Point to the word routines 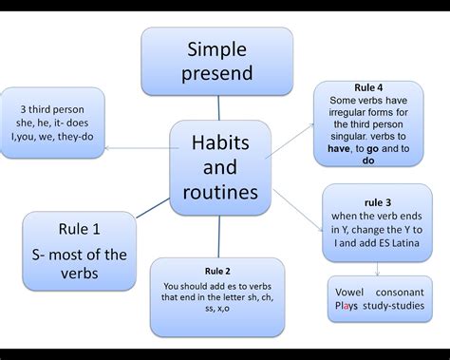tap(217, 193)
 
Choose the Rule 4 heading tap(367, 87)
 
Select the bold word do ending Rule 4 tap(367, 161)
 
